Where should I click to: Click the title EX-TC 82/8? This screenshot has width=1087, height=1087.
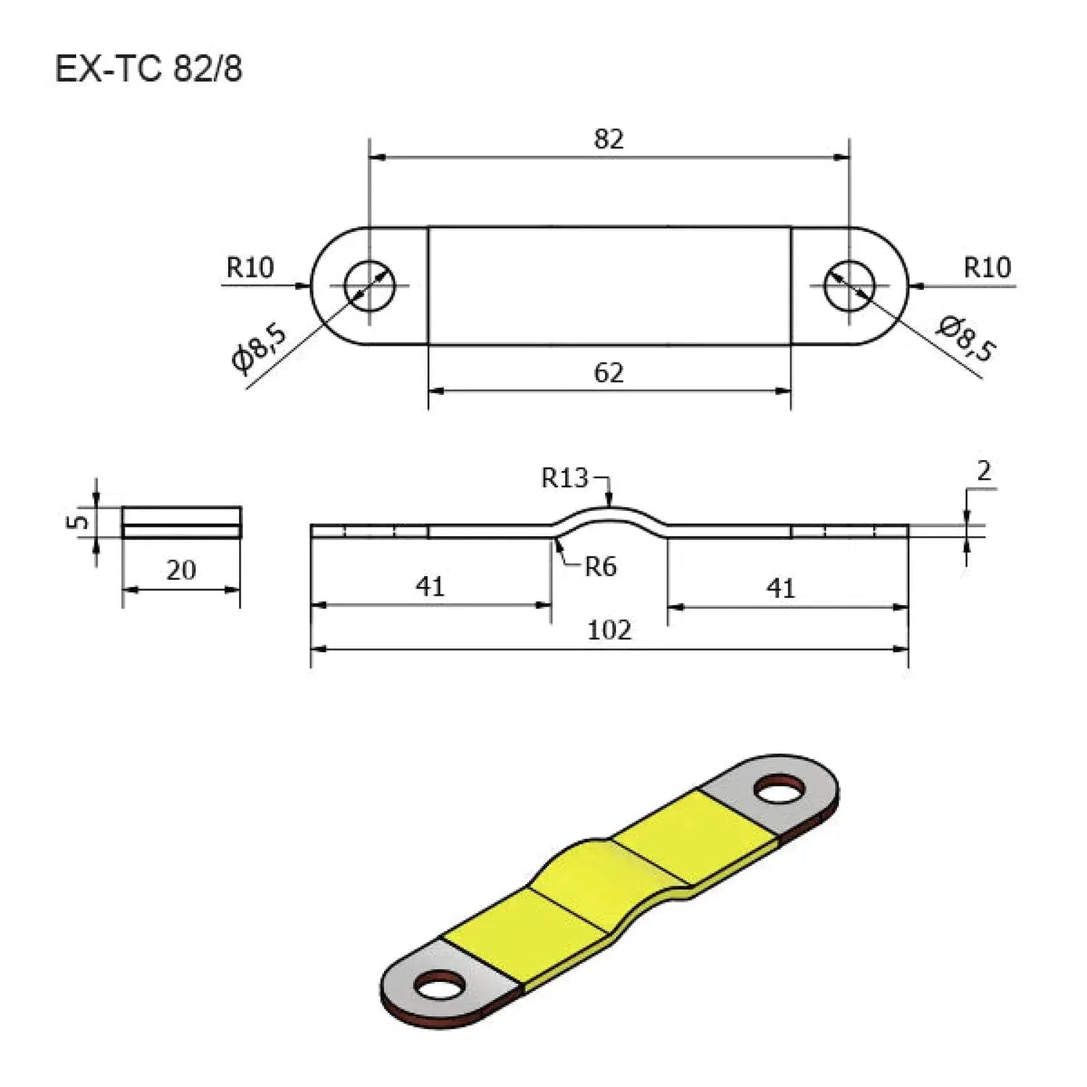point(149,70)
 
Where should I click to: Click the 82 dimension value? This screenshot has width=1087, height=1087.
point(609,138)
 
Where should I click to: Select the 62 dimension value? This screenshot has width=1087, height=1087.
point(609,372)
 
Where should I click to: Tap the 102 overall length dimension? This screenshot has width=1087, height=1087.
point(609,630)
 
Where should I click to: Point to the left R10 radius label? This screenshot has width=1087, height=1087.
point(250,267)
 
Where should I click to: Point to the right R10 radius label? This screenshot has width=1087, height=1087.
point(987,267)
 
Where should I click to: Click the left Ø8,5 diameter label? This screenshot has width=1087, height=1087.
point(259,349)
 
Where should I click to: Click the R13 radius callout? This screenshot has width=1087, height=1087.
point(565,478)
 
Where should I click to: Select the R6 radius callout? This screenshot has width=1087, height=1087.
point(601,567)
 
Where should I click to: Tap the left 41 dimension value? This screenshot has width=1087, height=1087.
point(430,586)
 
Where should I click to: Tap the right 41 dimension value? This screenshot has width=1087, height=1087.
point(781,588)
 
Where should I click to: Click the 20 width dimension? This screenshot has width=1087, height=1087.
point(181,570)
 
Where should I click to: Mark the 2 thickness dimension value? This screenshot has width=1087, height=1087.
point(983,472)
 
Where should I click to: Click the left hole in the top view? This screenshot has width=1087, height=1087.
point(370,285)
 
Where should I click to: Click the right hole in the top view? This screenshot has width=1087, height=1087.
point(849,285)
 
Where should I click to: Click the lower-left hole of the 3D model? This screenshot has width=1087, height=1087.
point(439,986)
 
